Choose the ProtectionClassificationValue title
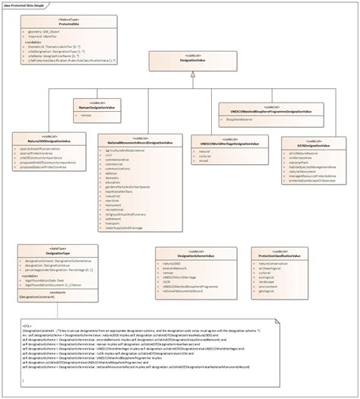point(280,255)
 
